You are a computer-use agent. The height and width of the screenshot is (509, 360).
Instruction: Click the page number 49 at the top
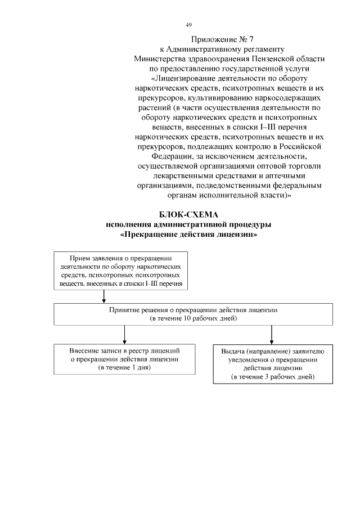click(x=188, y=25)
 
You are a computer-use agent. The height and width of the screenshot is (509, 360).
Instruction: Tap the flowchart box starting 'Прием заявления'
click(x=121, y=271)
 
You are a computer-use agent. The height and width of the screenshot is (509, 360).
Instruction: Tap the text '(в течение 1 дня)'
click(x=124, y=367)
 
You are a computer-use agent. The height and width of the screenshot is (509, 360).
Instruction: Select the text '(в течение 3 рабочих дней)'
click(x=272, y=376)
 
